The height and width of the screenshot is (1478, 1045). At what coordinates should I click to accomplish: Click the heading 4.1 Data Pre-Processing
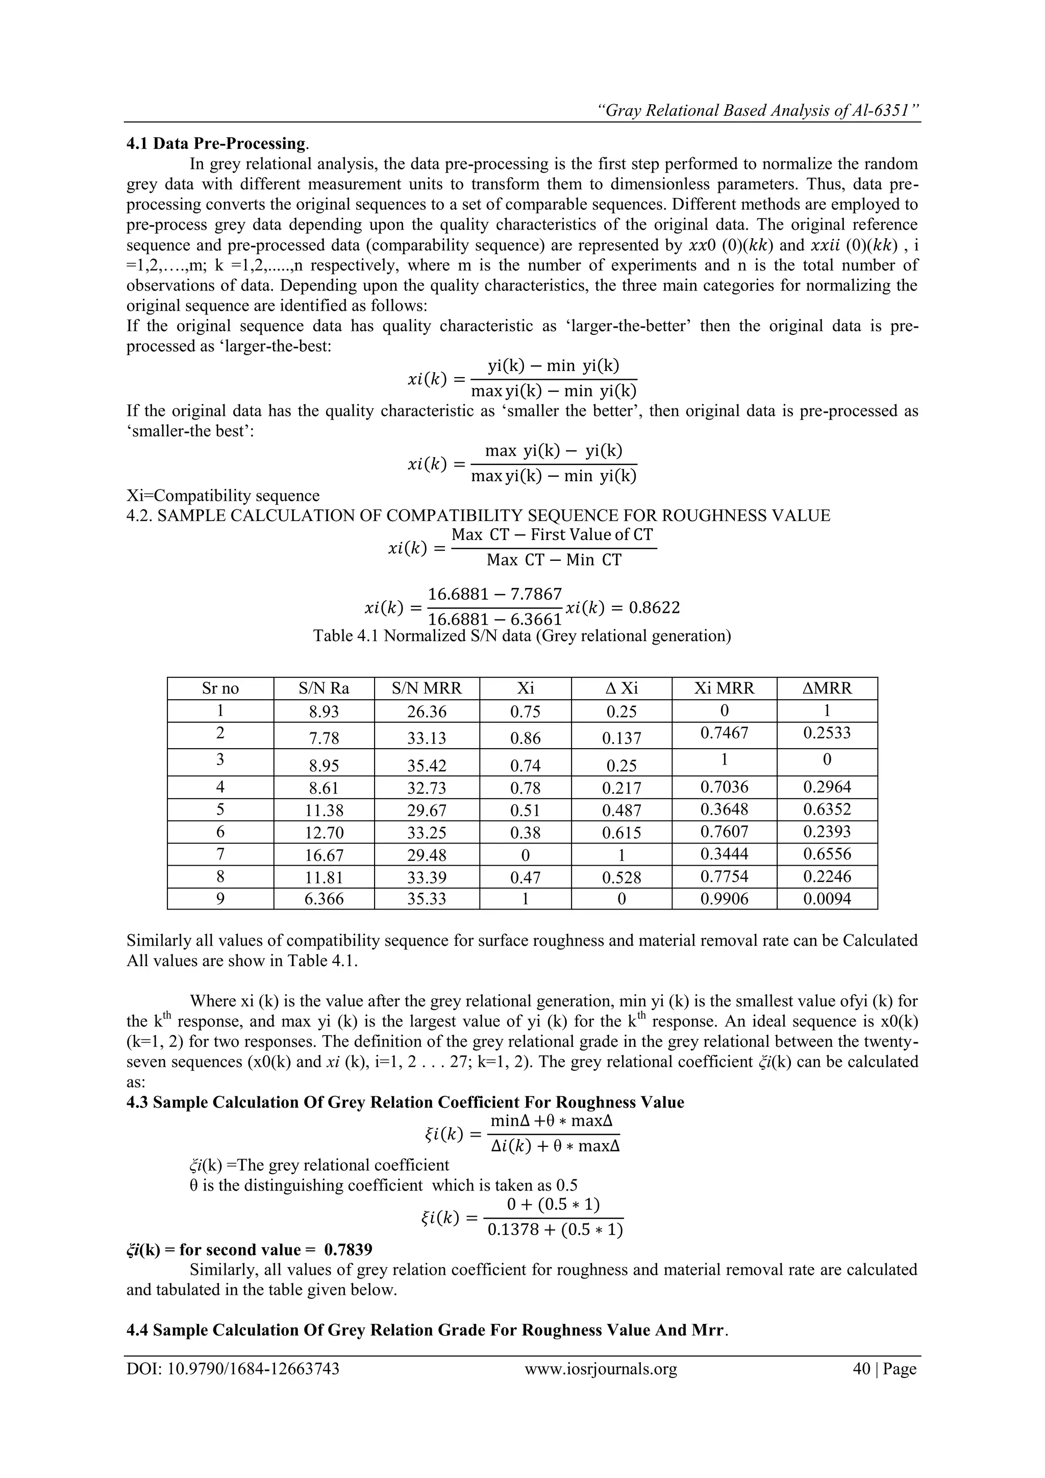(x=217, y=143)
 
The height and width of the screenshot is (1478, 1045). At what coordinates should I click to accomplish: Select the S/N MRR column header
(x=426, y=688)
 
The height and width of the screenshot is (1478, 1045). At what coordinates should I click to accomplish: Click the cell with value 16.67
(x=324, y=855)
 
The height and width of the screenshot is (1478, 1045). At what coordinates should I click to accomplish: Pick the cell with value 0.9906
(x=724, y=899)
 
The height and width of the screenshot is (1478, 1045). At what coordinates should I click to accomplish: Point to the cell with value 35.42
(x=426, y=766)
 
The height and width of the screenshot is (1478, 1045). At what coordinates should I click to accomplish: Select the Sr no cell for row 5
(x=220, y=809)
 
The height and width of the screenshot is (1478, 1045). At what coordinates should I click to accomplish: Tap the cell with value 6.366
(x=324, y=899)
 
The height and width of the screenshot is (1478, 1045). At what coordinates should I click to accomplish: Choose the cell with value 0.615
(x=621, y=833)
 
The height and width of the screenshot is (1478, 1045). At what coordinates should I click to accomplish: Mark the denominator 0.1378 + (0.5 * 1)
(x=555, y=1230)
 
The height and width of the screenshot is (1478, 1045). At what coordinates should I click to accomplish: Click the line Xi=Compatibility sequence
(x=222, y=496)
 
